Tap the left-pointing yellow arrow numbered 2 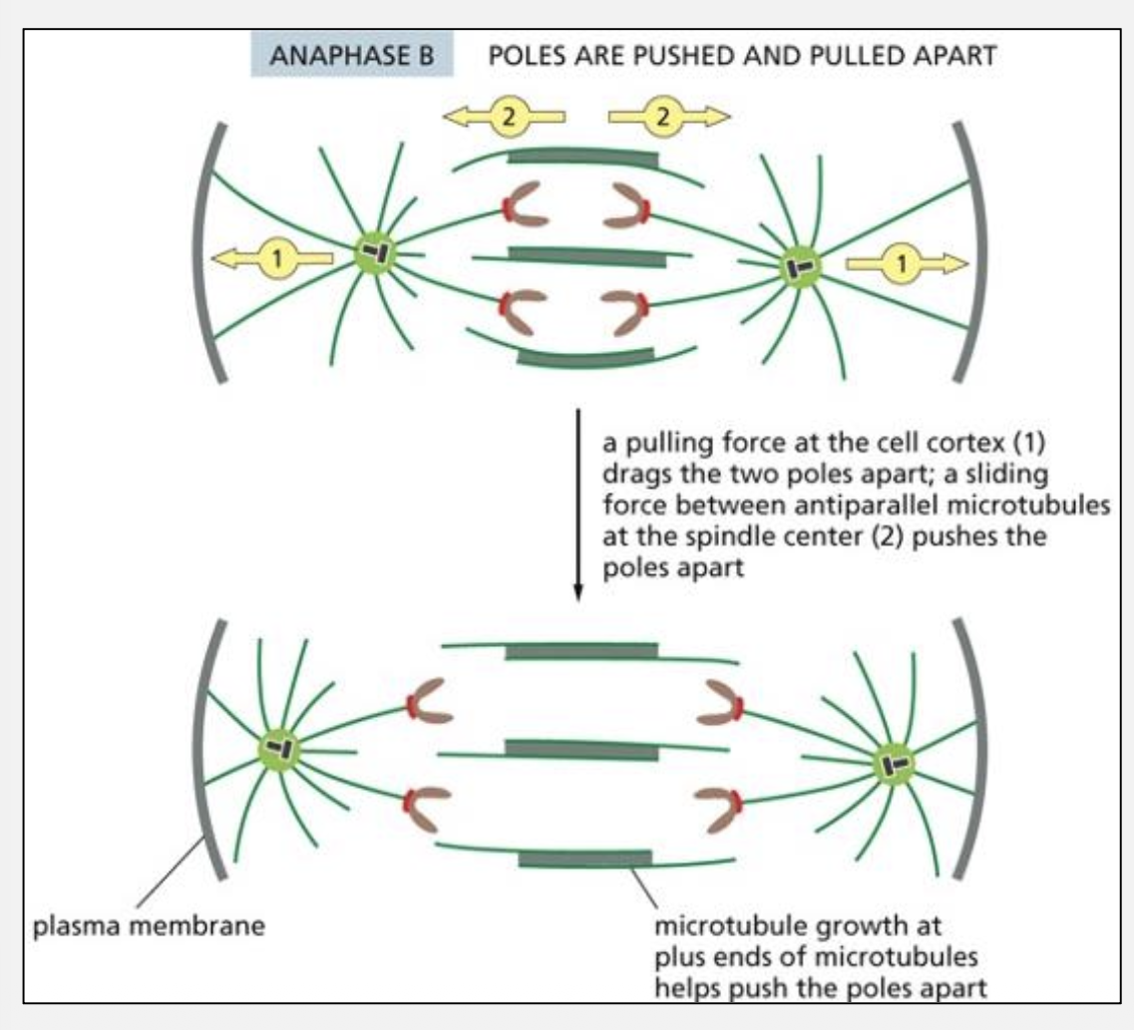505,116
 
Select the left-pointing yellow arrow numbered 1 272,259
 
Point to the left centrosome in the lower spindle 279,747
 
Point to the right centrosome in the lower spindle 892,765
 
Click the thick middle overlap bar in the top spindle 587,256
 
